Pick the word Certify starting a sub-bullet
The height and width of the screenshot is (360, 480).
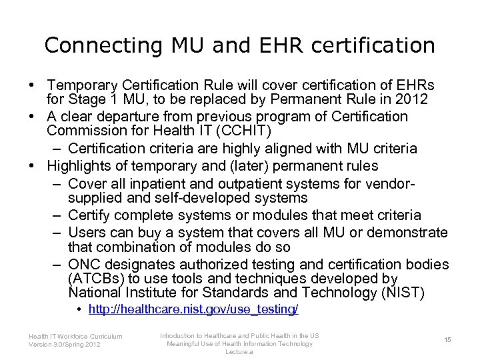tap(92, 215)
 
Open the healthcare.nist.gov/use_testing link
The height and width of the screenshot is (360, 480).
tap(193, 310)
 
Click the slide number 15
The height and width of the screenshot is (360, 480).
tap(447, 340)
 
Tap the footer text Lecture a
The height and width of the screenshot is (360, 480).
tap(239, 351)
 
